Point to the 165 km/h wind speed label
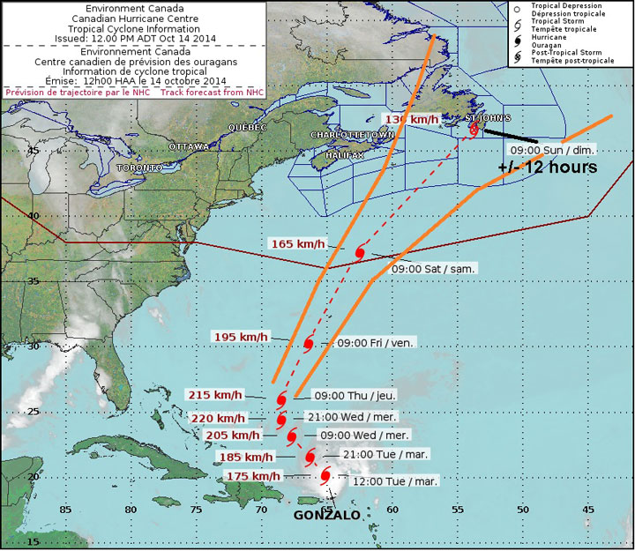coord(297,243)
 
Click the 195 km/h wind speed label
coord(241,337)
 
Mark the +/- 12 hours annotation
coord(548,167)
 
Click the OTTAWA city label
coord(189,145)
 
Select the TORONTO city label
coord(139,167)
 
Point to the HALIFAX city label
coord(344,155)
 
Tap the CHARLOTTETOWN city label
coord(350,134)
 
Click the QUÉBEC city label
coord(247,127)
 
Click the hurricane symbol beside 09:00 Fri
coord(309,344)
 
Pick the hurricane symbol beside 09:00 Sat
coord(360,252)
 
